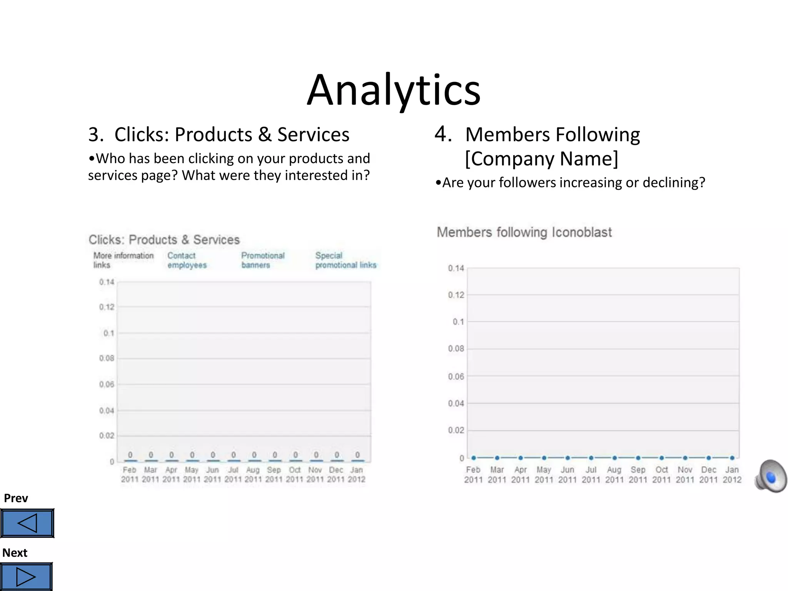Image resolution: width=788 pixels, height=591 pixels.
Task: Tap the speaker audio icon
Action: tap(771, 476)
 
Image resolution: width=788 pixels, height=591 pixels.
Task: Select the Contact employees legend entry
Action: tap(187, 260)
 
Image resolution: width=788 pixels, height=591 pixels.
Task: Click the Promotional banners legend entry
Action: tap(263, 260)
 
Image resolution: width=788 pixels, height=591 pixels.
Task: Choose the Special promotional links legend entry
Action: tap(346, 260)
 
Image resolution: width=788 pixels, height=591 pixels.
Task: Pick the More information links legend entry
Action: tap(123, 260)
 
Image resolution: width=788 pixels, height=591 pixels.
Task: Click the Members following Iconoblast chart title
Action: tap(524, 232)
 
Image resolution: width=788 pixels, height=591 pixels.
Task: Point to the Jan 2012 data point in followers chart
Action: tap(732, 458)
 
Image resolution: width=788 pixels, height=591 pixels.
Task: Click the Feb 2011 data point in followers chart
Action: tap(474, 458)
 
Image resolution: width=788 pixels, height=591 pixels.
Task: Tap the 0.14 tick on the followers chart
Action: tap(456, 268)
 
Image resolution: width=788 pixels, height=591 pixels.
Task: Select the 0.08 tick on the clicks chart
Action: tap(107, 358)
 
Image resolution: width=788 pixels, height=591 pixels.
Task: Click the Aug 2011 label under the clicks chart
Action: tap(253, 474)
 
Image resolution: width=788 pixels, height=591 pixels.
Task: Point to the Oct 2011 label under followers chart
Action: tap(661, 474)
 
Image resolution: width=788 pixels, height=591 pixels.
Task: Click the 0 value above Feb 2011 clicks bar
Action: tap(130, 455)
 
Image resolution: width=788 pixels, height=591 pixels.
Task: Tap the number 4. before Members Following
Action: tap(443, 134)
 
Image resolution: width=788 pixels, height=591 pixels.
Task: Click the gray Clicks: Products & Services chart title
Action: tap(164, 240)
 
